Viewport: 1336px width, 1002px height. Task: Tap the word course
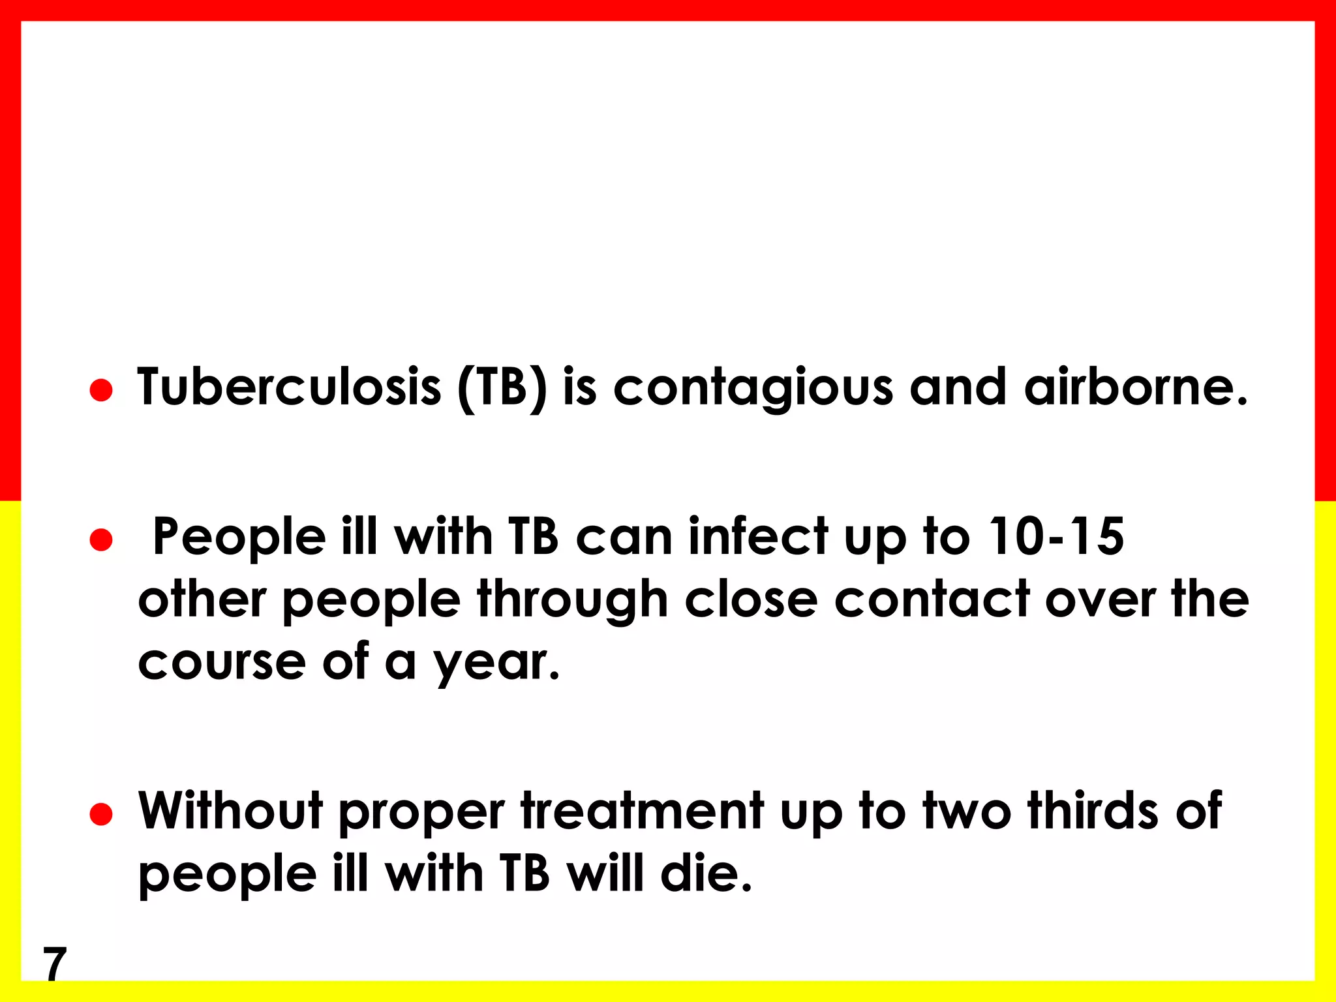[222, 663]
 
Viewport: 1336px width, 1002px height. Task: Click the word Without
[230, 810]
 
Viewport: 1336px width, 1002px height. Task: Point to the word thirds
[1093, 810]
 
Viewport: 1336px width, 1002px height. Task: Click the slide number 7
[55, 964]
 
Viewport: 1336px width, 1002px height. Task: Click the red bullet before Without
[101, 814]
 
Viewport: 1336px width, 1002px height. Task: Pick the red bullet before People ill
[101, 540]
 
